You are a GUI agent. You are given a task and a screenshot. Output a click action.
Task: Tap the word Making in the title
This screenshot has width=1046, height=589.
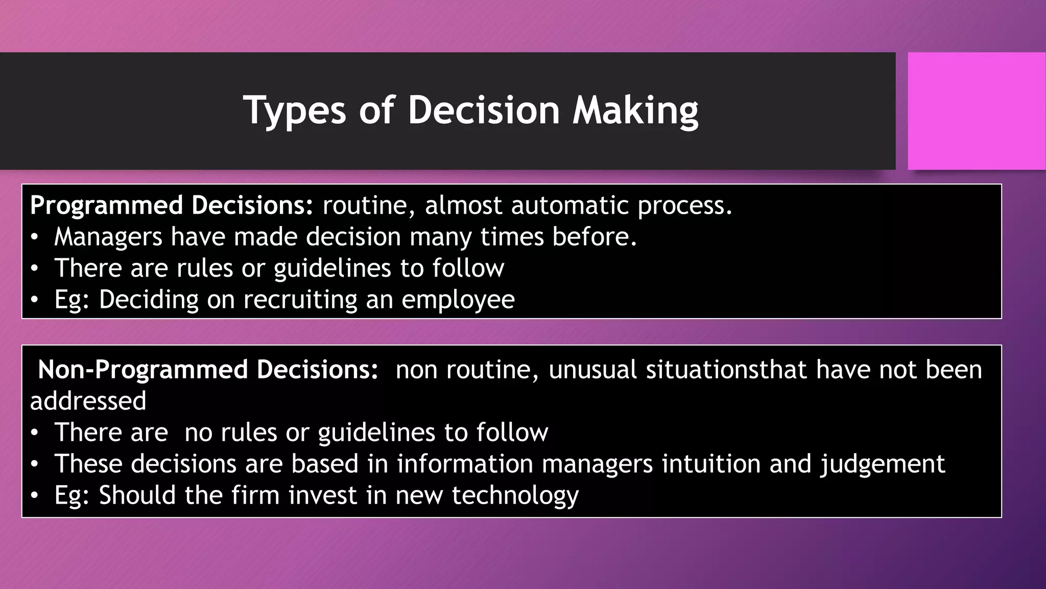point(635,110)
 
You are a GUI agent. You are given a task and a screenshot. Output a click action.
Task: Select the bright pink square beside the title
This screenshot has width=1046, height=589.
point(976,111)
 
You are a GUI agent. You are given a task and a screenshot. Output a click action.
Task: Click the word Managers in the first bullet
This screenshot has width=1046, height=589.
point(108,237)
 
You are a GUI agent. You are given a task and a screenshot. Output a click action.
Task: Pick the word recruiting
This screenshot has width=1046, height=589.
point(300,300)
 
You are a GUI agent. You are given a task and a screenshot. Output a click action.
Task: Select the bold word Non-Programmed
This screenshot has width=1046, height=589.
point(143,370)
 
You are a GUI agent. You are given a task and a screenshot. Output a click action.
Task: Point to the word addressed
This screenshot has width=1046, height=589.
point(88,401)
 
